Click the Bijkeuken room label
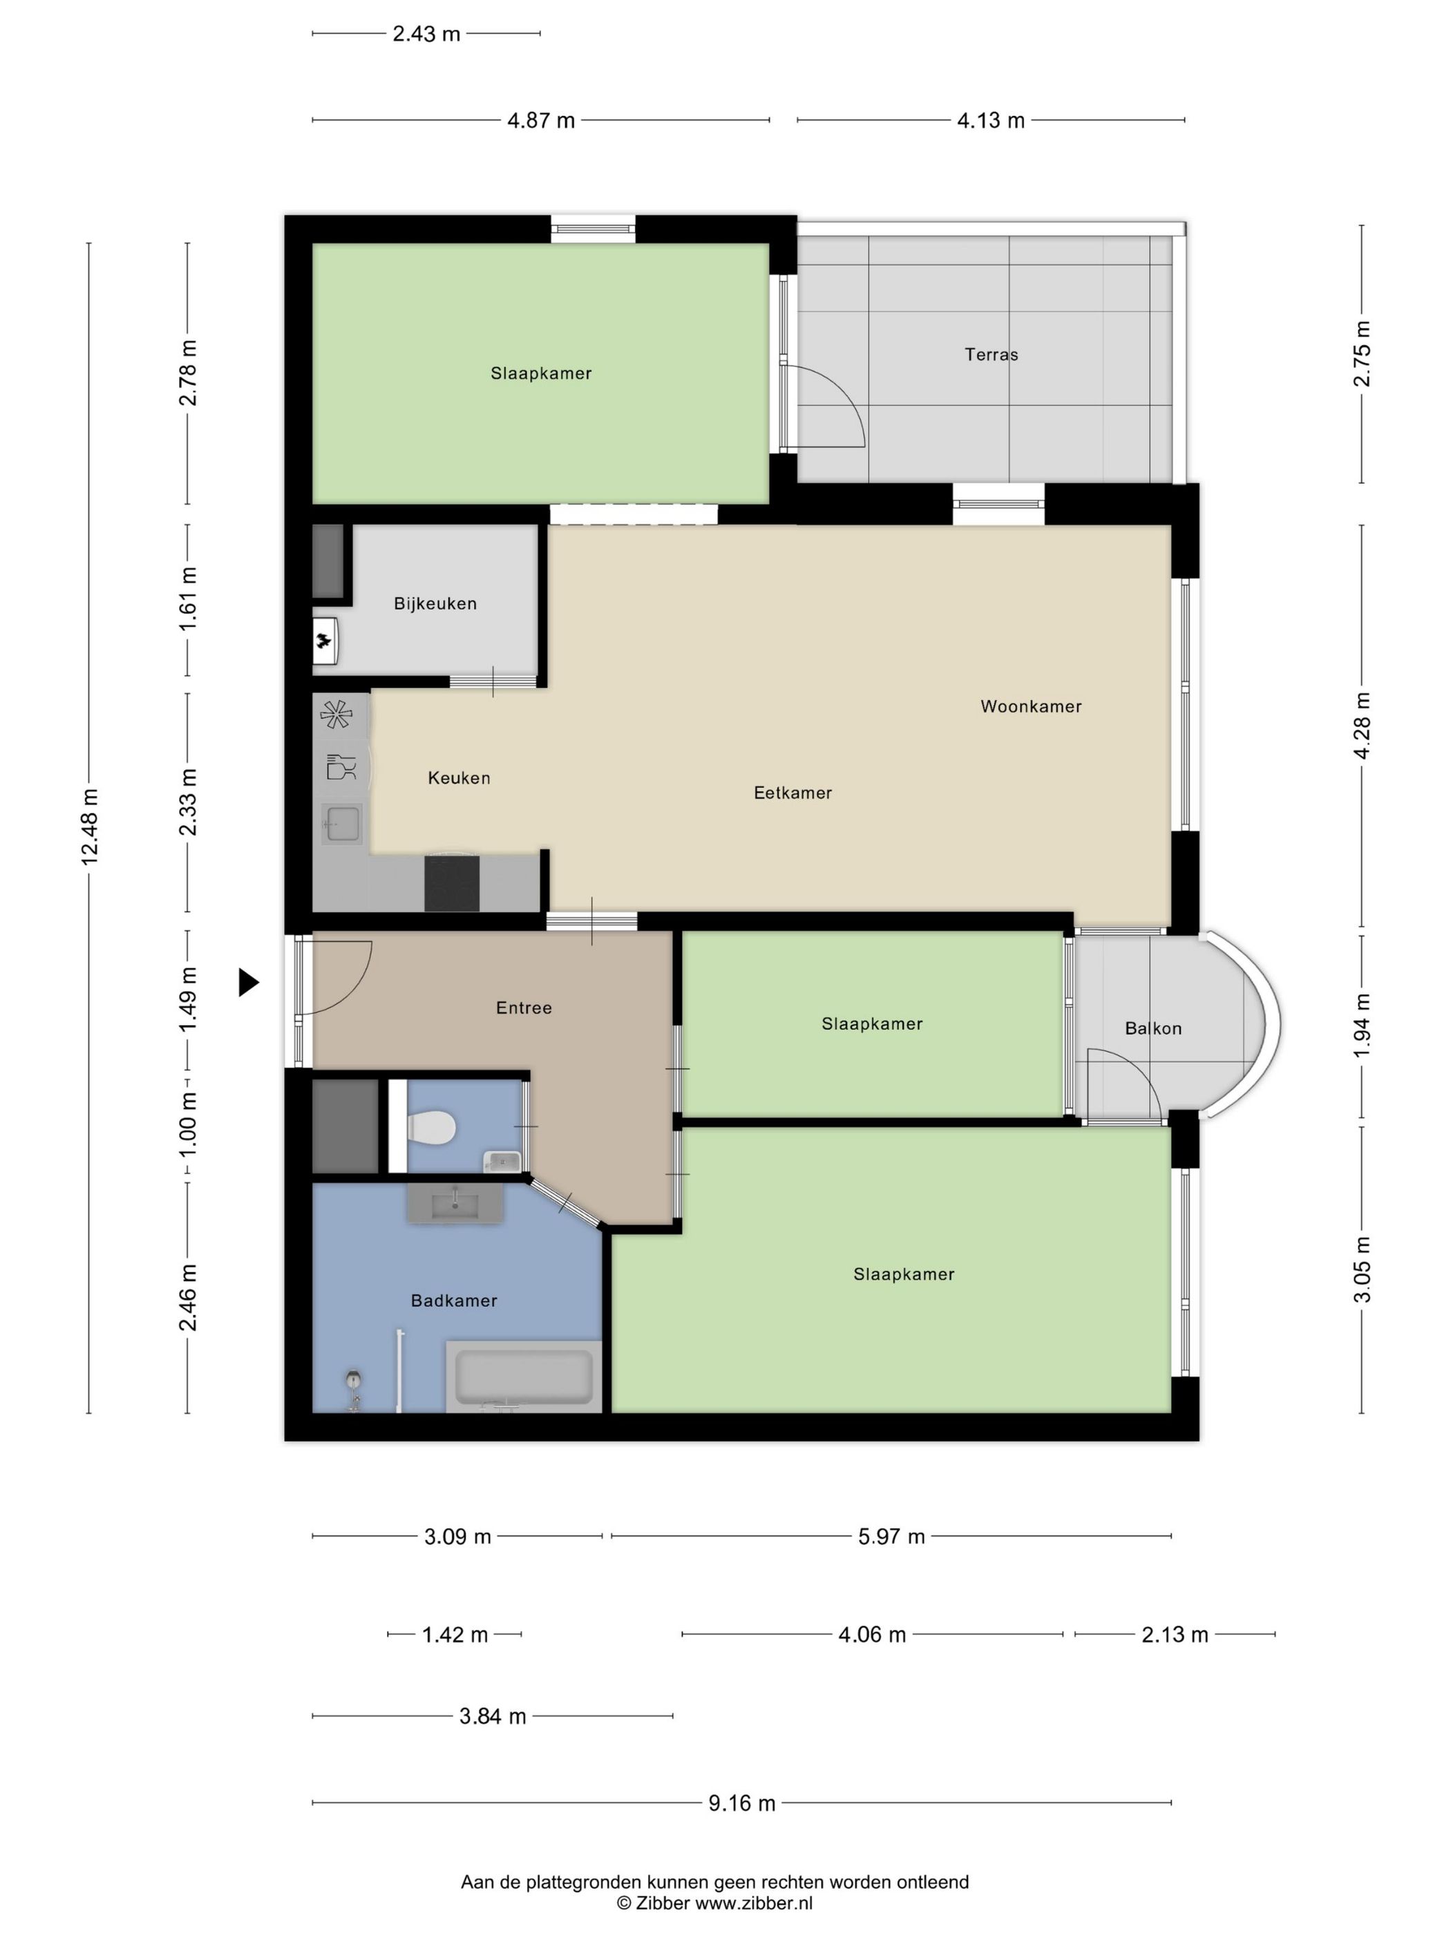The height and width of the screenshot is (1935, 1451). pos(435,603)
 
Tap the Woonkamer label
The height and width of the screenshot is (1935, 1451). pos(1030,706)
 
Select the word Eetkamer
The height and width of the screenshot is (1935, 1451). pos(793,793)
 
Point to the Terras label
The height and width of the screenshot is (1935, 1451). pos(991,355)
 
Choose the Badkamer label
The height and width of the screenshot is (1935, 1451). pos(454,1301)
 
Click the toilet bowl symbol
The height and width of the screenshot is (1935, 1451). pos(431,1126)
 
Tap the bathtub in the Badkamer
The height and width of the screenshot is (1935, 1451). pos(524,1376)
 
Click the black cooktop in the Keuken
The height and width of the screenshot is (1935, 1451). pos(451,883)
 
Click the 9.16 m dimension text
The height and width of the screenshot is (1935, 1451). pos(741,1803)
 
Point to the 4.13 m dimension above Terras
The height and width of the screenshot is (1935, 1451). pos(990,121)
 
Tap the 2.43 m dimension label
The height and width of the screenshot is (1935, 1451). pos(426,34)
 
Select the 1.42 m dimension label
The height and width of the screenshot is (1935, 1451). pos(455,1635)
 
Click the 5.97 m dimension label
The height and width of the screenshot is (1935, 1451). pos(891,1537)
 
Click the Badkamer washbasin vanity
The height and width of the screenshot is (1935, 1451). pos(455,1204)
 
